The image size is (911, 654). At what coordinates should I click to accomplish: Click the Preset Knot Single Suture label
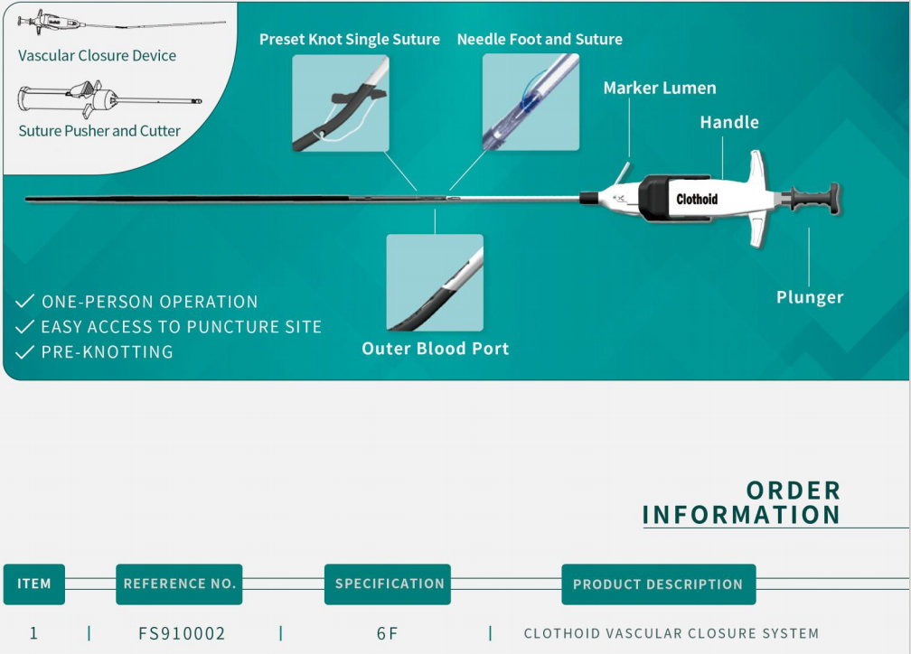[x=349, y=40]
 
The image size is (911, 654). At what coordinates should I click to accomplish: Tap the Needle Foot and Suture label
[x=540, y=40]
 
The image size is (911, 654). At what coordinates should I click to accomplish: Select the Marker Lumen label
[x=660, y=88]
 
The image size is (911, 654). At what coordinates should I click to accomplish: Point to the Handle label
[x=729, y=122]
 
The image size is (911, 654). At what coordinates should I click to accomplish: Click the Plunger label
[x=810, y=297]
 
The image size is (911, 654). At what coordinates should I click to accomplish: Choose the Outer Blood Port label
[x=436, y=349]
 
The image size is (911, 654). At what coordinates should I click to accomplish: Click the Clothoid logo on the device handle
[x=697, y=199]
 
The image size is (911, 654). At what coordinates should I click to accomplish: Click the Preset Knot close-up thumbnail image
[x=341, y=103]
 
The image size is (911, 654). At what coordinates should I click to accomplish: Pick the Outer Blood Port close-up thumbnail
[x=435, y=283]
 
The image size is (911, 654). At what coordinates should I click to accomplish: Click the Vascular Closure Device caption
[x=98, y=56]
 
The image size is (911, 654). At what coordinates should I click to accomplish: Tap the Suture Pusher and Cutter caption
[x=99, y=131]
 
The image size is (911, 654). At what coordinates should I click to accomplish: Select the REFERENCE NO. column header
[x=179, y=584]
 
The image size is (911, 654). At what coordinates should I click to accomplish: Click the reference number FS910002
[x=182, y=633]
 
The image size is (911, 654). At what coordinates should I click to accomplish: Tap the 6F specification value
[x=387, y=633]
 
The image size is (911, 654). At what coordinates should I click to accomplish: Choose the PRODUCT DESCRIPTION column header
[x=658, y=584]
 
